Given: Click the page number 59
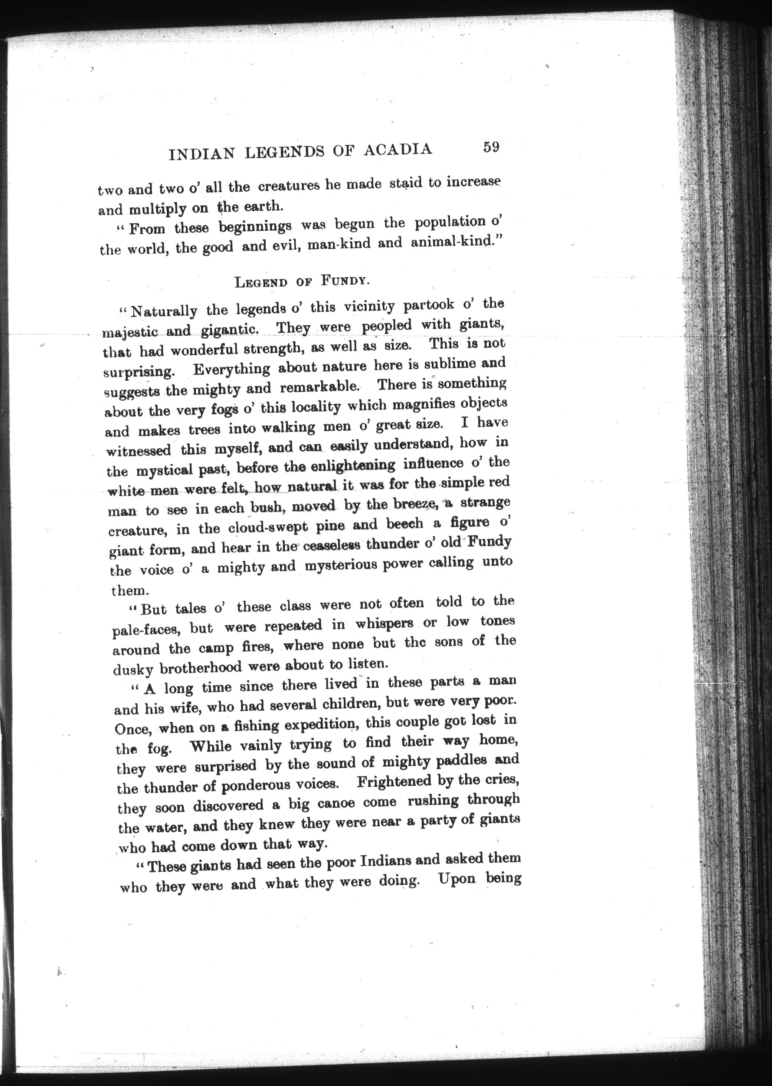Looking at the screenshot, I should pyautogui.click(x=490, y=147).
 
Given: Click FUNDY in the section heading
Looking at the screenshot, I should pyautogui.click(x=345, y=280).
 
